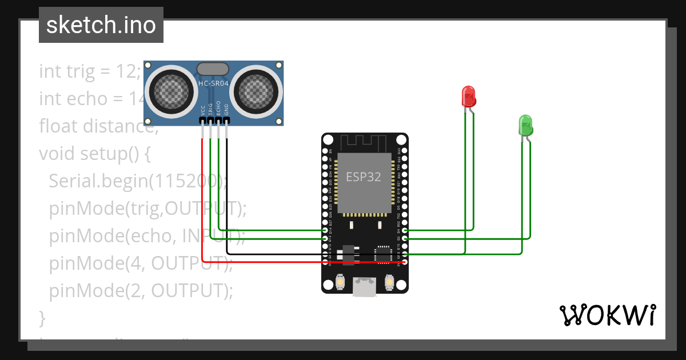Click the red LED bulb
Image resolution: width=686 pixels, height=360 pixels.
point(468,96)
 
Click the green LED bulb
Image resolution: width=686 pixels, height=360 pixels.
point(525,125)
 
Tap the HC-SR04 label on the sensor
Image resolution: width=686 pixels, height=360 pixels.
point(213,84)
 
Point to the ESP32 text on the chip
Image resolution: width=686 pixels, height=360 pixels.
point(364,177)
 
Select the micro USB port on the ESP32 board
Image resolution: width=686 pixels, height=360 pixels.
point(365,287)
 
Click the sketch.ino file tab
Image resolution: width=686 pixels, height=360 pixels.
point(101,25)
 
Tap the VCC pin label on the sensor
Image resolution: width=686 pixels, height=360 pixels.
point(203,110)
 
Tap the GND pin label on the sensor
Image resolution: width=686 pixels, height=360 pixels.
point(227,110)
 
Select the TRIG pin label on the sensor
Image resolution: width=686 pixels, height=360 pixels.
point(211,110)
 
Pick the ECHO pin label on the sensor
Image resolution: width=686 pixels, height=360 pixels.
point(219,110)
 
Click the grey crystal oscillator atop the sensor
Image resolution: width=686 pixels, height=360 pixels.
point(213,69)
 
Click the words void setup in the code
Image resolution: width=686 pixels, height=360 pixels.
point(86,154)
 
